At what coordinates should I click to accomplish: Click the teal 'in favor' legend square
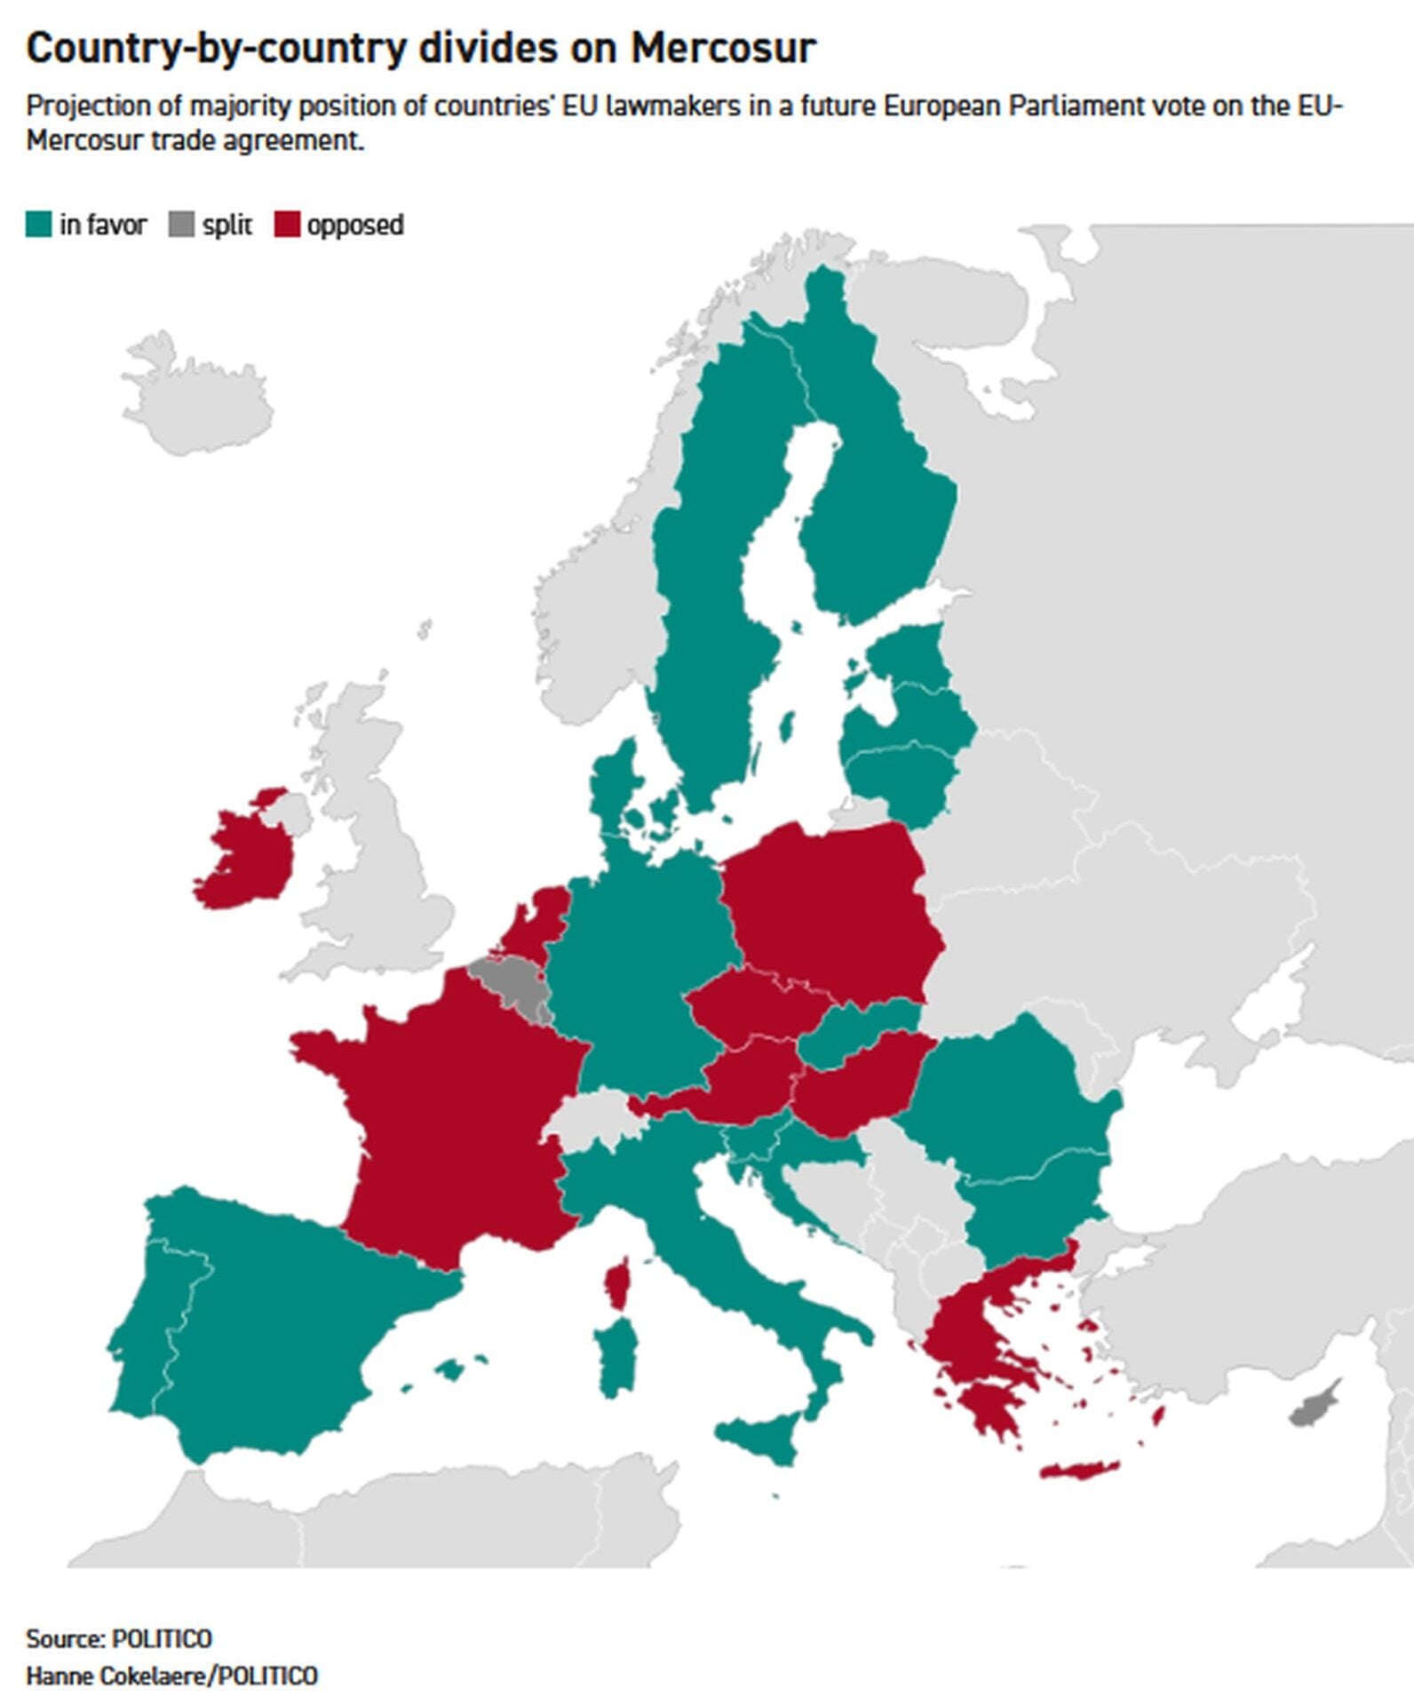39,225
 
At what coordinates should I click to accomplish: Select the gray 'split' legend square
181,225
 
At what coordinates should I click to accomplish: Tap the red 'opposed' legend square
287,225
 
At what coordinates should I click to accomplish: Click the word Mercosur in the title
722,48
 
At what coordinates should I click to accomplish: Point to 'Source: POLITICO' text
119,1638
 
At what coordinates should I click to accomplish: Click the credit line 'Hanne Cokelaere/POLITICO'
171,1676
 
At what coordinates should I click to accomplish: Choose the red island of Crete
1080,1470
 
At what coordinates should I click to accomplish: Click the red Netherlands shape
538,919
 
